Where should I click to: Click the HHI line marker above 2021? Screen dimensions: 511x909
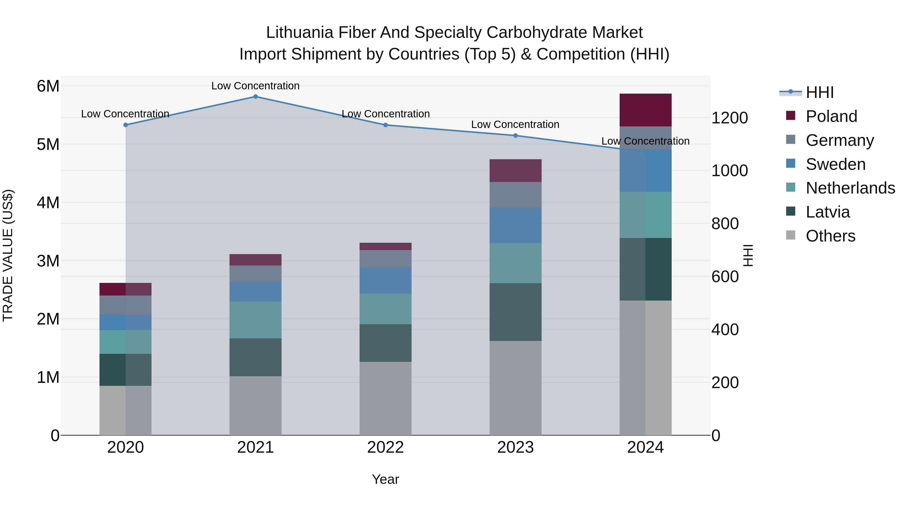pyautogui.click(x=256, y=97)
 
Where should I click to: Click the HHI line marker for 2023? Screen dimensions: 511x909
pyautogui.click(x=515, y=136)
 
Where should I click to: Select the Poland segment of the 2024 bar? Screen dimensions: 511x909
pyautogui.click(x=645, y=110)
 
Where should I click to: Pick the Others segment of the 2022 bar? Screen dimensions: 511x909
pyautogui.click(x=385, y=398)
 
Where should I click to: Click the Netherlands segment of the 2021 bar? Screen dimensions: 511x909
pyautogui.click(x=256, y=320)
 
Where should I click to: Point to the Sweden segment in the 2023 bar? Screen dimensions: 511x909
pyautogui.click(x=515, y=225)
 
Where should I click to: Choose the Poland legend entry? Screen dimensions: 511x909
pyautogui.click(x=831, y=116)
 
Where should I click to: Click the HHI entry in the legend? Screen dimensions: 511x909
pyautogui.click(x=819, y=92)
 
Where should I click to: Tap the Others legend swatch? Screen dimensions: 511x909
pyautogui.click(x=791, y=235)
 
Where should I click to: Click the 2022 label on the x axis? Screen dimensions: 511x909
pyautogui.click(x=385, y=447)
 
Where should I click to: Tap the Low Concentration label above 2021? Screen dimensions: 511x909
pyautogui.click(x=256, y=86)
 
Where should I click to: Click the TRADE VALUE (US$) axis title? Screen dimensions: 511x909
pyautogui.click(x=8, y=255)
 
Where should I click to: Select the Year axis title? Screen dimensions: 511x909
pyautogui.click(x=385, y=479)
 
